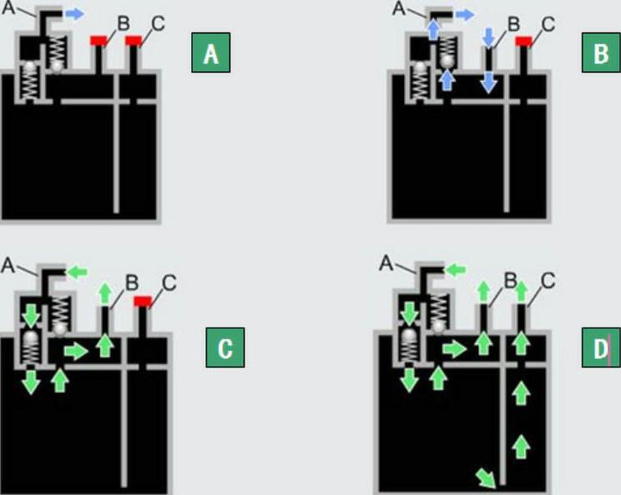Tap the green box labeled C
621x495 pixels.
coord(225,349)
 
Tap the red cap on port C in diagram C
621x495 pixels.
coord(143,301)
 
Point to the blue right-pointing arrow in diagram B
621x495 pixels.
coord(465,14)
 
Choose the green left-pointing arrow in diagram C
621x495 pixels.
coord(78,272)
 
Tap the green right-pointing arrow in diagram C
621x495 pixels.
coord(75,351)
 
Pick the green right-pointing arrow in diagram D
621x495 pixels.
coord(455,348)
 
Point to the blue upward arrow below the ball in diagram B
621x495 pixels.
coord(447,79)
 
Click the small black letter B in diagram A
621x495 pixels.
coord(124,23)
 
